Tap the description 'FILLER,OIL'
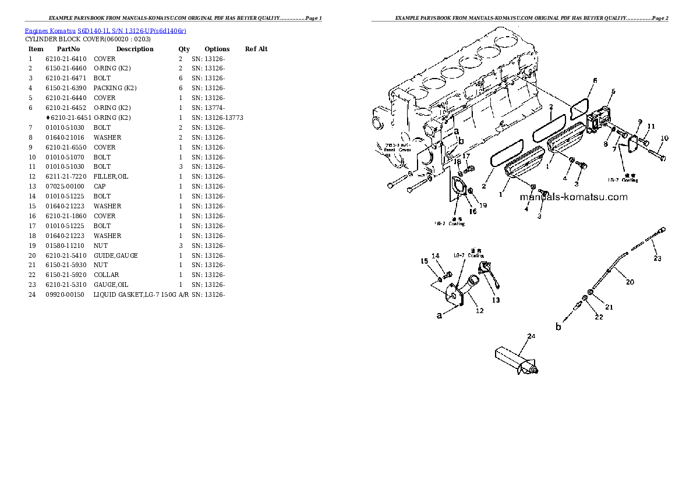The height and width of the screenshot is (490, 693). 111,176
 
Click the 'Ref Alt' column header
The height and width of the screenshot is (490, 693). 256,49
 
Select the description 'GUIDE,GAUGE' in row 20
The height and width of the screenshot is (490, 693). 115,255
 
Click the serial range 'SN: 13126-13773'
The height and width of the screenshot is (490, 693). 217,118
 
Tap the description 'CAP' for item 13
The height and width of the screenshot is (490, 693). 100,186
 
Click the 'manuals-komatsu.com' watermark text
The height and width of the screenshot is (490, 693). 574,197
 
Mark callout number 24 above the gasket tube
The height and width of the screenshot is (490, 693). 531,336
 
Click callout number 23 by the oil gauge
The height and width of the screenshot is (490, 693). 657,258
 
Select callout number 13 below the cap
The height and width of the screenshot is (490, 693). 496,300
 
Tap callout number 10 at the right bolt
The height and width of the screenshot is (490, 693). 664,139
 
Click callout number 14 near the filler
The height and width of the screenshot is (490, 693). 435,256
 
